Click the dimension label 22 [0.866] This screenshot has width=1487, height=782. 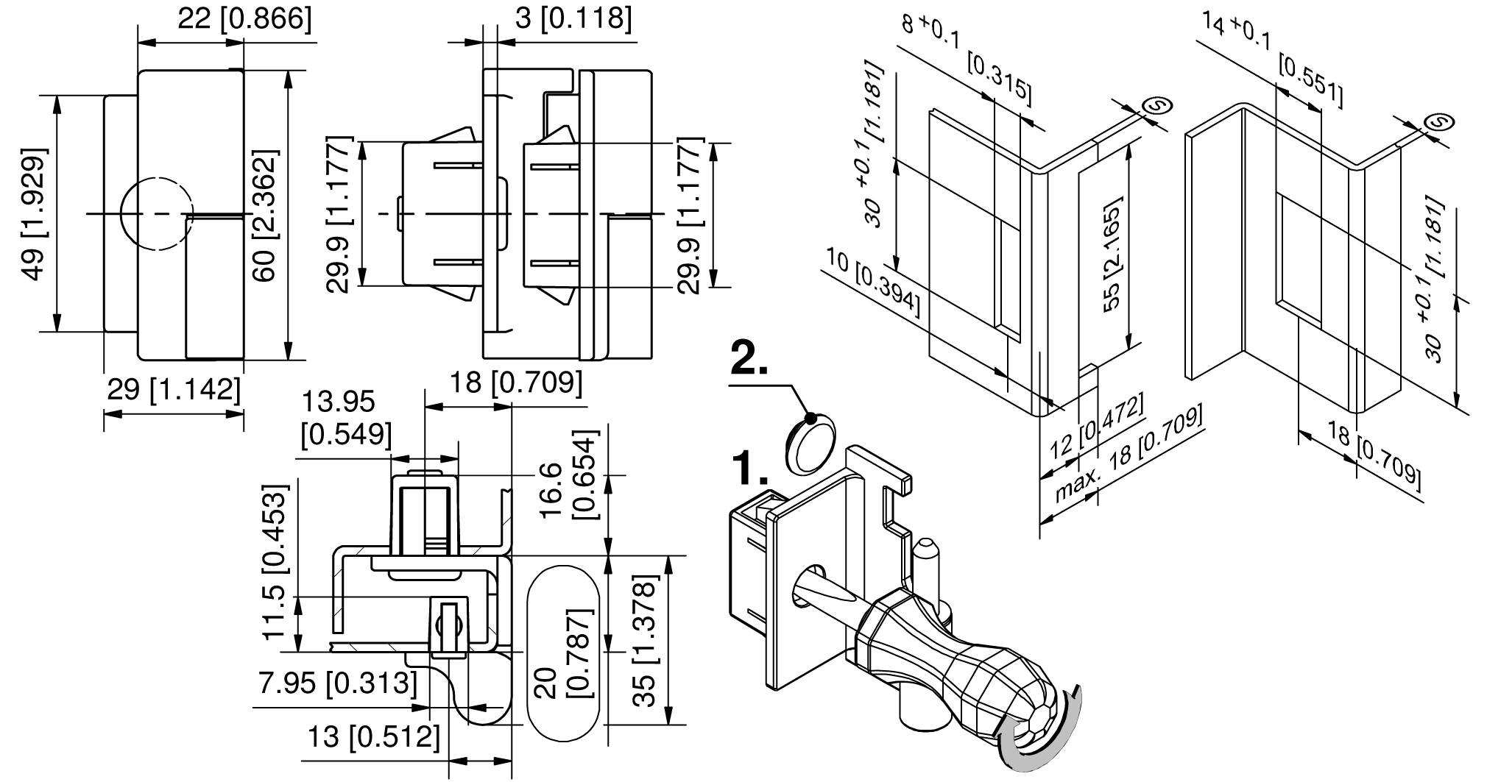pos(244,18)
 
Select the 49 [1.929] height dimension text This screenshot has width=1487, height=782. pos(35,214)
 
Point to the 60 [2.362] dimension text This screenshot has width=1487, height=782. pos(266,216)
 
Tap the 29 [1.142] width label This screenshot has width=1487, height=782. pos(174,389)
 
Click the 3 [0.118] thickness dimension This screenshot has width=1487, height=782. pos(573,18)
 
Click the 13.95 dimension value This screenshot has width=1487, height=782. pos(339,402)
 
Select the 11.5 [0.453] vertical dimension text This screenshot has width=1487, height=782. pos(281,563)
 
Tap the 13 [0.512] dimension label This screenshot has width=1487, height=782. pos(373,736)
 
